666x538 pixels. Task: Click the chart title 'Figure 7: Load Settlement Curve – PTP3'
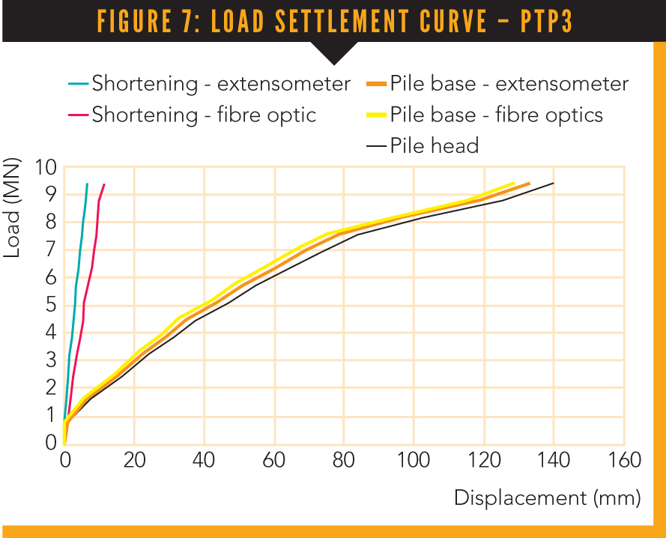[334, 22]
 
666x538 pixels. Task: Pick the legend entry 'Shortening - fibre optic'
[203, 115]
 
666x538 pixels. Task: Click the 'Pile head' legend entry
[434, 145]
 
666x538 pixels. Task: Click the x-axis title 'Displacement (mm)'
[548, 498]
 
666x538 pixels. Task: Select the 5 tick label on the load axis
[51, 305]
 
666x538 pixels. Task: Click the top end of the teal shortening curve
[87, 184]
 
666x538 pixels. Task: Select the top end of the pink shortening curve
[104, 184]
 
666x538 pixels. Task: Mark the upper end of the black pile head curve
[554, 183]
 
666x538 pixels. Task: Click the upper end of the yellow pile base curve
[514, 183]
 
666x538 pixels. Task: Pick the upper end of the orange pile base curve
[530, 183]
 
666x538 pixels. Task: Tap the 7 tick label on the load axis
[51, 250]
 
